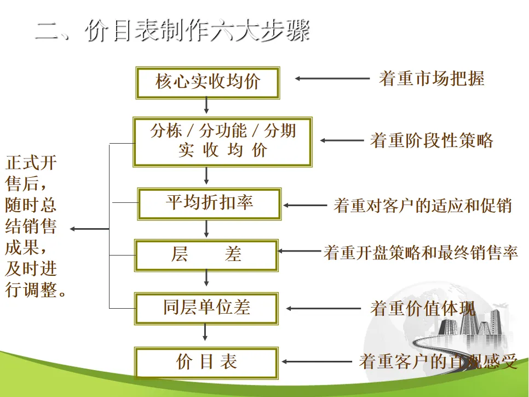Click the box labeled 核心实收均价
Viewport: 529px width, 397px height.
(207, 82)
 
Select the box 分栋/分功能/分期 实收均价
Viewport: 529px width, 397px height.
(223, 140)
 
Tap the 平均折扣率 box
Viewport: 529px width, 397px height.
(209, 203)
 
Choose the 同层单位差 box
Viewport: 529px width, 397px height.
(206, 308)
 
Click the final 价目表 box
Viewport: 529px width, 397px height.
(206, 362)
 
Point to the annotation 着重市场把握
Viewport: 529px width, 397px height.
(431, 78)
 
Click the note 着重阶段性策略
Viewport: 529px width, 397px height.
(431, 140)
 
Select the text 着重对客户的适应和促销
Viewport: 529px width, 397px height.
(422, 206)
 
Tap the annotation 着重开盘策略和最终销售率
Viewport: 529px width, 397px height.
(420, 253)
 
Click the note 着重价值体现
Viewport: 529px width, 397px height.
(422, 309)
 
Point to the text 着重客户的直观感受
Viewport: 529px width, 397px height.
(438, 362)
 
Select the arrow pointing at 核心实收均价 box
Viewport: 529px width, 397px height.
(332, 78)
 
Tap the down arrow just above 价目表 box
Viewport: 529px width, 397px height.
(206, 333)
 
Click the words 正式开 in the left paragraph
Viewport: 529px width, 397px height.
(31, 163)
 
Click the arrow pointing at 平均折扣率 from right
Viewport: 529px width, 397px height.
(304, 206)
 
